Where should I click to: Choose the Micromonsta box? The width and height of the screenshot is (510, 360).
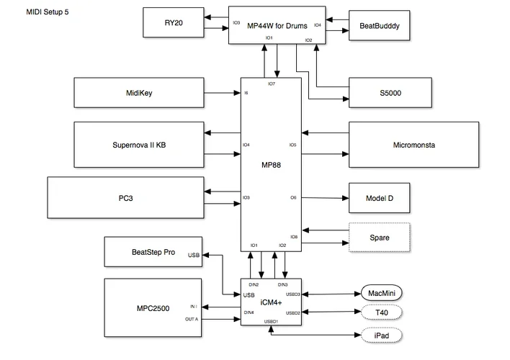click(x=414, y=145)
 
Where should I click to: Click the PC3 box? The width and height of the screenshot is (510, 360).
click(x=126, y=197)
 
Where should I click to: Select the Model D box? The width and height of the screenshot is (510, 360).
click(x=379, y=197)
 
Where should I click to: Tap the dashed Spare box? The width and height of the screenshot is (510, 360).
click(x=379, y=237)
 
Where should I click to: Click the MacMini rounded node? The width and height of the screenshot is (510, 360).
click(x=380, y=293)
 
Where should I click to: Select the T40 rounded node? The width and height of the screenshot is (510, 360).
click(x=380, y=313)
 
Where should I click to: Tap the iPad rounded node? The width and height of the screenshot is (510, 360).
click(x=380, y=336)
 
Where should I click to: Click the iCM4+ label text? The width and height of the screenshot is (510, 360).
click(x=271, y=302)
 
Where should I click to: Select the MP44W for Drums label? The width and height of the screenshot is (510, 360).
click(x=277, y=26)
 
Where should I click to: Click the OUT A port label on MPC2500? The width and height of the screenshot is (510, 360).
click(x=191, y=318)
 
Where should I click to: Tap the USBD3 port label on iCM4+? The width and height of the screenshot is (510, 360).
click(x=292, y=294)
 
